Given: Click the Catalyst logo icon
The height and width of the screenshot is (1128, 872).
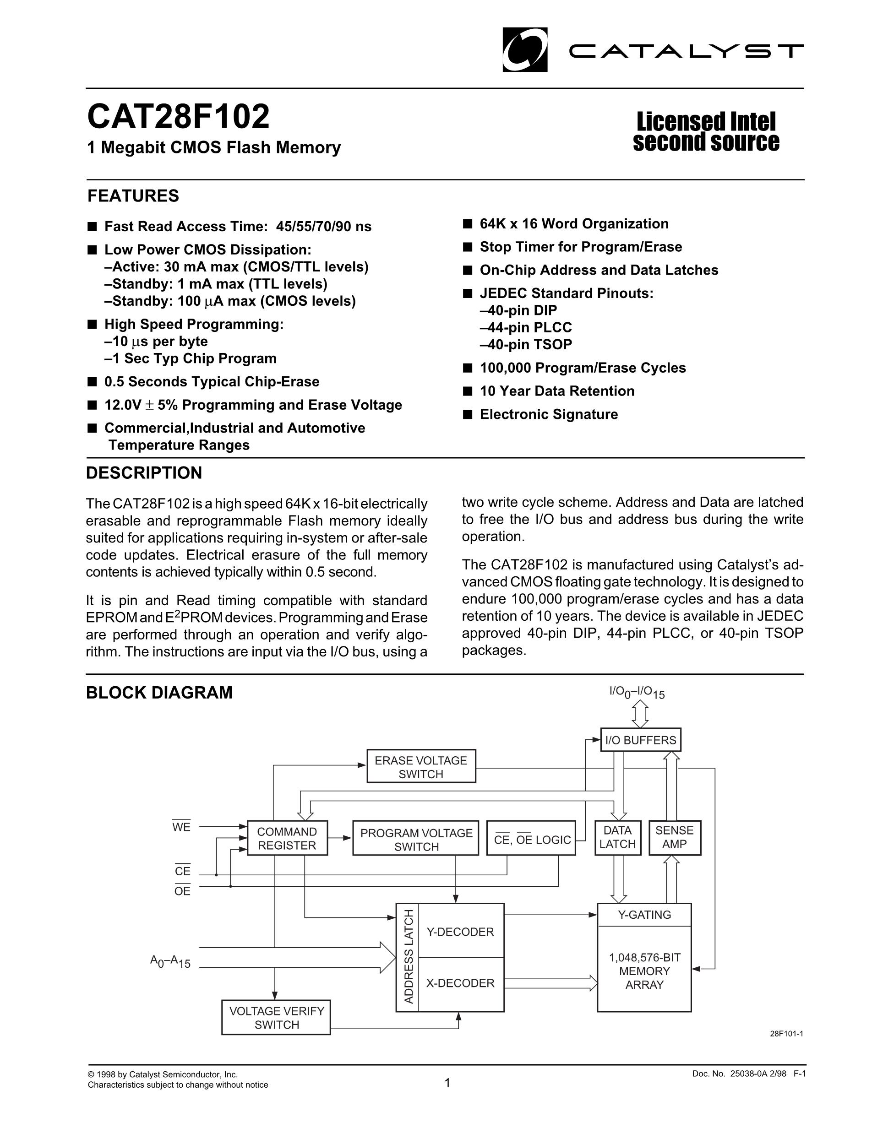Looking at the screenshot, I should click(524, 49).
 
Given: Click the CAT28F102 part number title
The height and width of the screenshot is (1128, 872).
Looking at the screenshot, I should click(178, 117).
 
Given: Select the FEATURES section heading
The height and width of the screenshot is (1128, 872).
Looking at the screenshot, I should click(133, 196).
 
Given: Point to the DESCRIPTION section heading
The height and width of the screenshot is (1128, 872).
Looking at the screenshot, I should click(144, 472).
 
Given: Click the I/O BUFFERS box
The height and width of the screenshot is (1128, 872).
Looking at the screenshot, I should click(641, 740).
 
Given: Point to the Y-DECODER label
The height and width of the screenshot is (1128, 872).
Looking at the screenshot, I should click(460, 932).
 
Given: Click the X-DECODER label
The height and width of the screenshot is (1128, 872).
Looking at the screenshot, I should click(460, 983).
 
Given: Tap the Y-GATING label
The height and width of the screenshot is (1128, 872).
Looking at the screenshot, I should click(644, 915).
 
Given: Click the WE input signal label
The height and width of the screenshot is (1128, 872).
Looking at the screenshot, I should click(181, 827).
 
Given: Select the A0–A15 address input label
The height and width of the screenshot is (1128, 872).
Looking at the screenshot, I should click(170, 962).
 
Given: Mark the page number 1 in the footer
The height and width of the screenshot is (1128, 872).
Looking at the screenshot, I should click(447, 1083).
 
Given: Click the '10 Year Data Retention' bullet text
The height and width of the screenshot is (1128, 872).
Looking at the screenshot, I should click(557, 391).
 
